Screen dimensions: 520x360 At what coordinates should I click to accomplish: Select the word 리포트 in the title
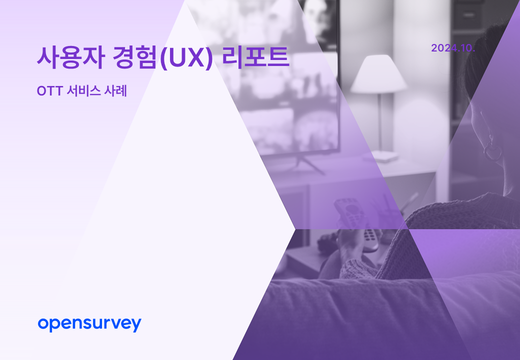click(x=255, y=57)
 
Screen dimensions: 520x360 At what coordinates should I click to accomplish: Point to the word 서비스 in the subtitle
click(x=83, y=91)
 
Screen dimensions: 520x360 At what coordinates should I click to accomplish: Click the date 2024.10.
click(x=453, y=48)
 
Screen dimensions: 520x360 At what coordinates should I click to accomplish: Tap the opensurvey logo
click(x=89, y=324)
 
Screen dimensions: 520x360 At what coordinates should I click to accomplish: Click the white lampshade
click(x=378, y=74)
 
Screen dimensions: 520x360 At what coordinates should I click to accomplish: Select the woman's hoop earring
click(x=492, y=150)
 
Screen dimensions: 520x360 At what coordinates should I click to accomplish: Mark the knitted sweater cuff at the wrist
click(x=356, y=268)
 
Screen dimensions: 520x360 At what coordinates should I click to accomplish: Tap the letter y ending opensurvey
click(x=136, y=325)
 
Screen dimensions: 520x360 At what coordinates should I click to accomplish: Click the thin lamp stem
click(x=380, y=121)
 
